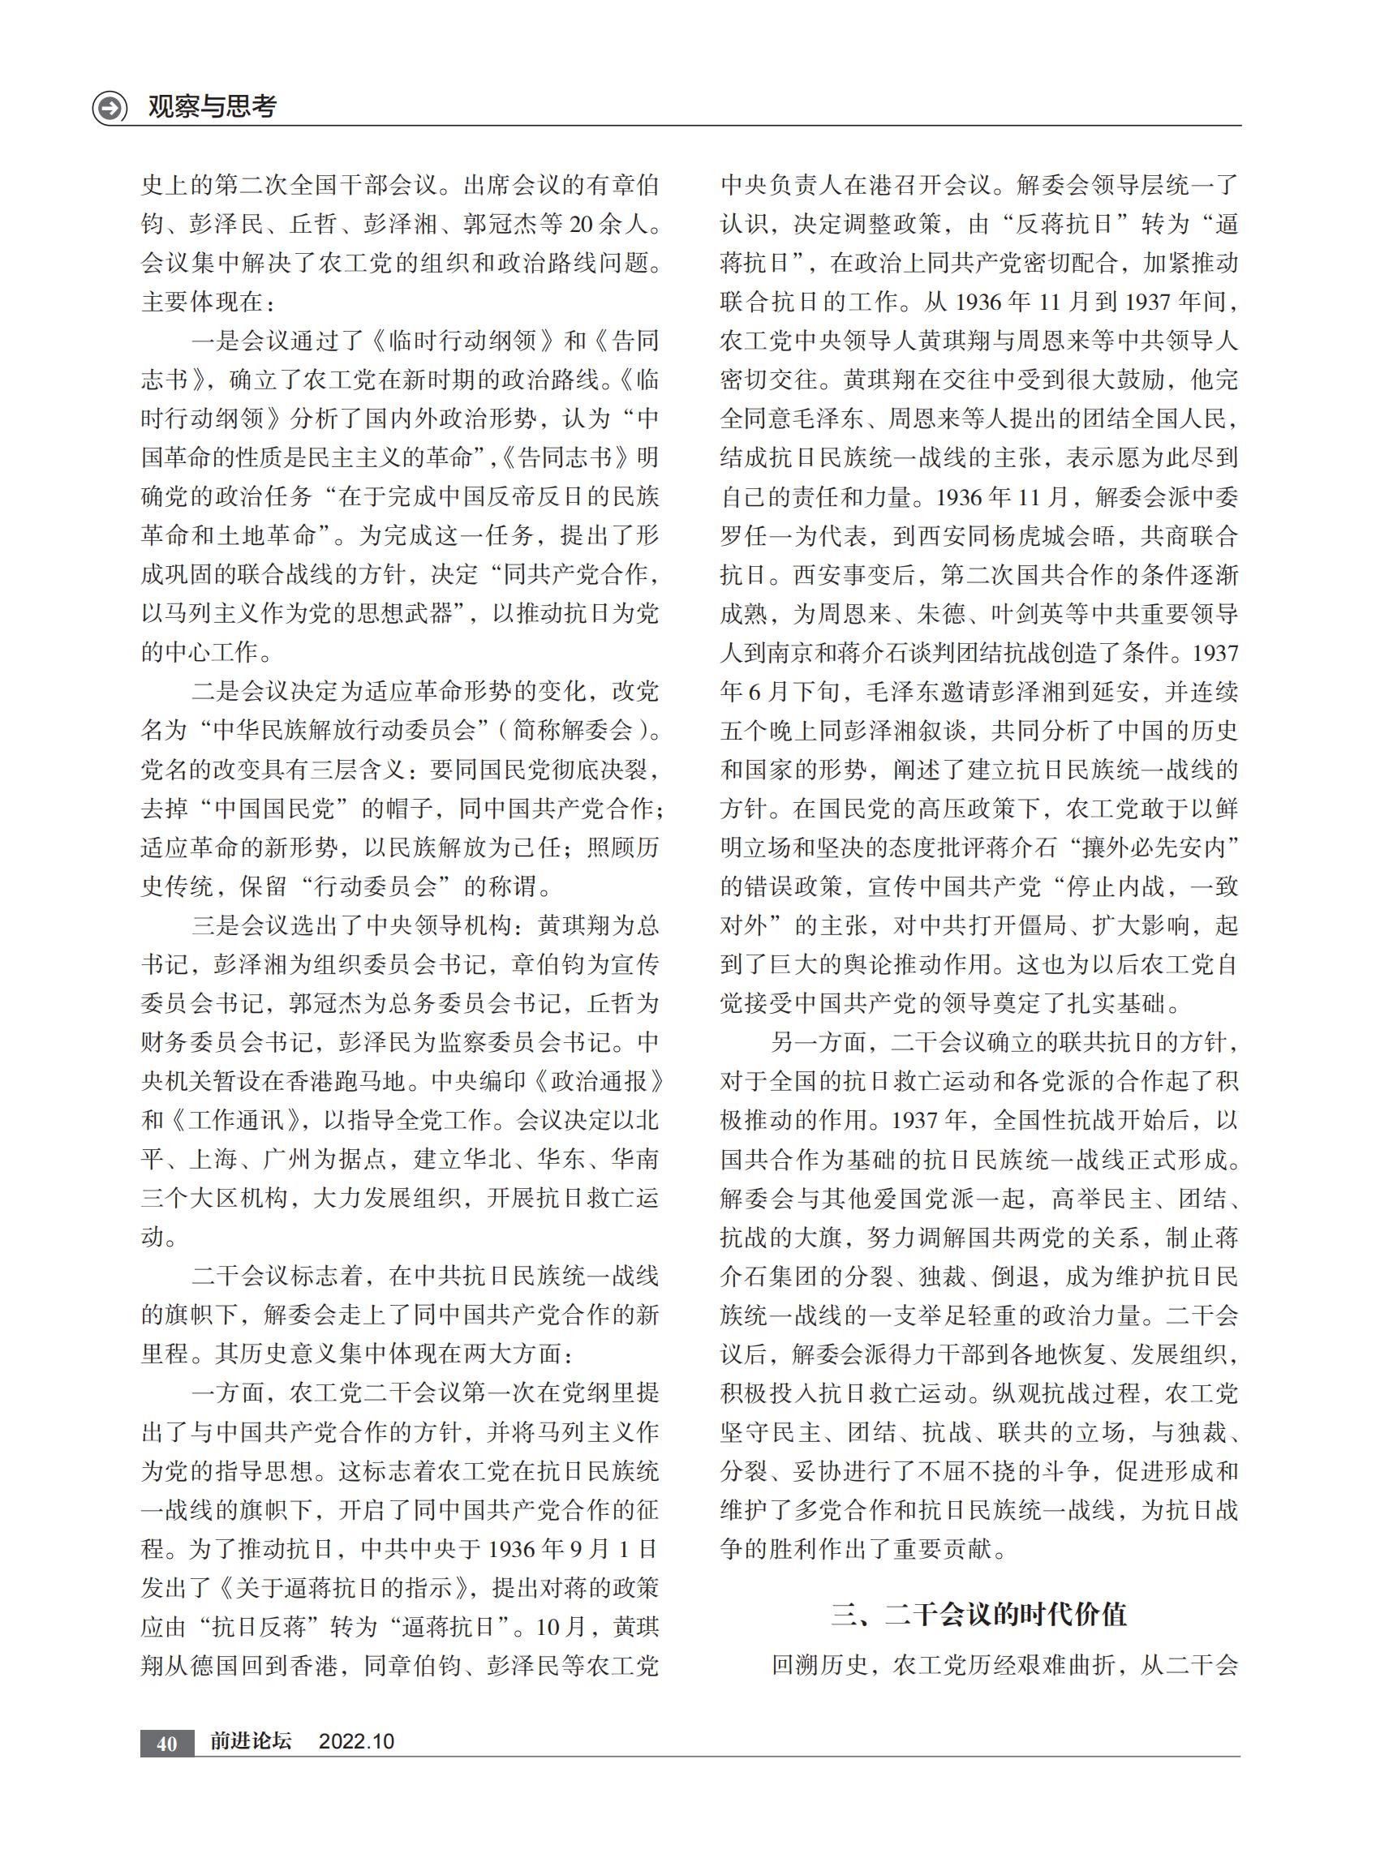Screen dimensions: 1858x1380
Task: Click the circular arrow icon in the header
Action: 110,108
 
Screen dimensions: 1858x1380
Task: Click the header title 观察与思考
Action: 213,106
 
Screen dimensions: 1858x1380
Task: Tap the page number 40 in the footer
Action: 166,1742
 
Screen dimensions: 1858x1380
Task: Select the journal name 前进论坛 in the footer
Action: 250,1741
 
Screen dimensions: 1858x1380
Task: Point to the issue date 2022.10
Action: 356,1741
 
